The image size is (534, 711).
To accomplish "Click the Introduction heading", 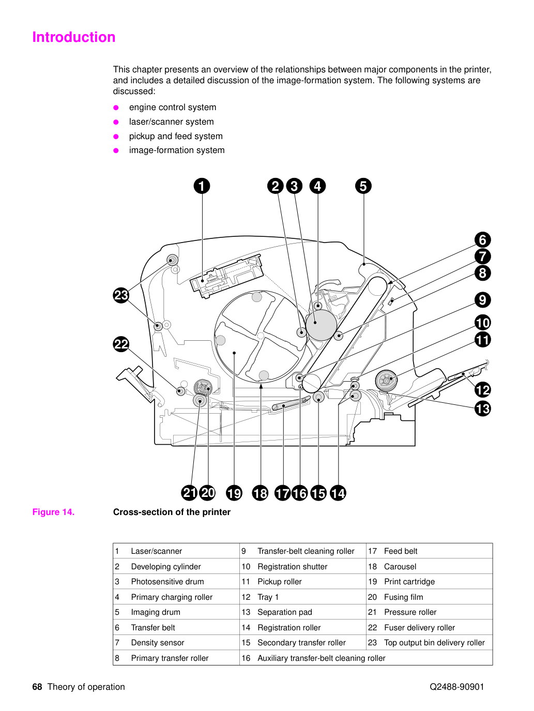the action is pos(74,37).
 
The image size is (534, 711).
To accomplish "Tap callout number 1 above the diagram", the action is pos(202,186).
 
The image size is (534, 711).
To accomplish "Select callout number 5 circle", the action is pos(363,186).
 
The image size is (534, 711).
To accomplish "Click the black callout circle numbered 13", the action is pos(482,409).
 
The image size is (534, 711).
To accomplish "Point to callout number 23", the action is pos(121,295).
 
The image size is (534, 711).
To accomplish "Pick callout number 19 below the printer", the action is pos(234,493).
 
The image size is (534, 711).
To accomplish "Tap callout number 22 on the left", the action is pos(121,344).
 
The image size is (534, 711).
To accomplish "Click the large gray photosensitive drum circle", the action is pos(321,325).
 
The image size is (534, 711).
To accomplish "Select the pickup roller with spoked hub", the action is pos(386,381).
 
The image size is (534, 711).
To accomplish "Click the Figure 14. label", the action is pos(53,512).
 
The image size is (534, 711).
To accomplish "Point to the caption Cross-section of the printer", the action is pos(172,512).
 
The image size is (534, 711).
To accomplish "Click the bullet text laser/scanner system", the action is pos(171,122).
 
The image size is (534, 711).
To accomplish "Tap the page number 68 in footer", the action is pos(37,687).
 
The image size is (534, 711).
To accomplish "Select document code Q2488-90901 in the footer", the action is pos(456,687).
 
